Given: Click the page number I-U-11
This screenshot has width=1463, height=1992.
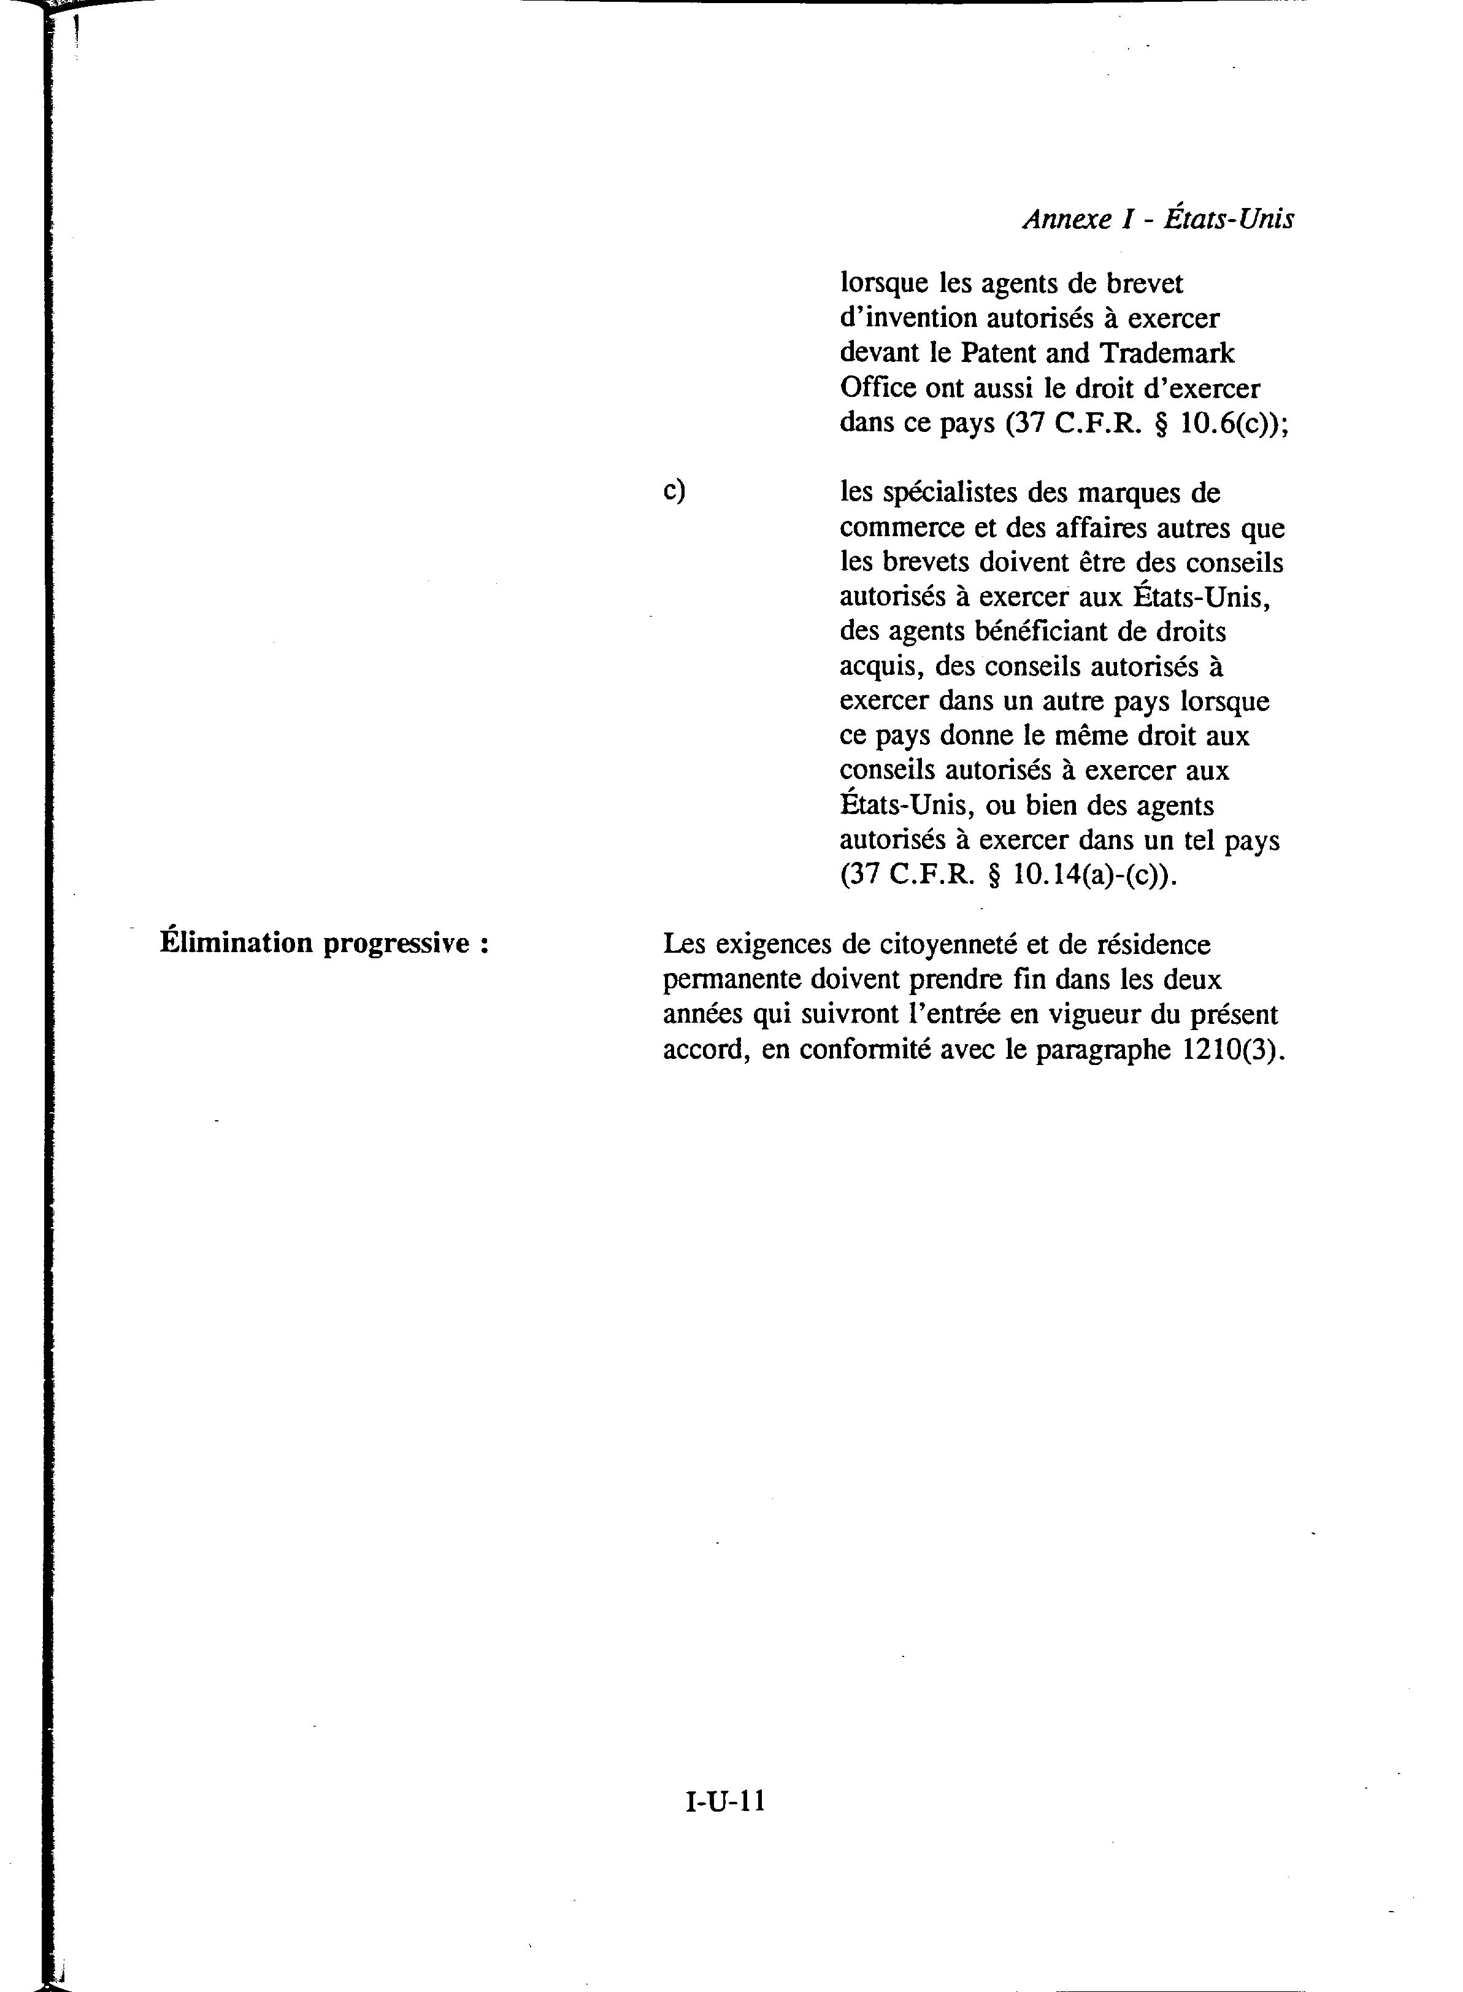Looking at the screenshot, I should click(x=724, y=1725).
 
